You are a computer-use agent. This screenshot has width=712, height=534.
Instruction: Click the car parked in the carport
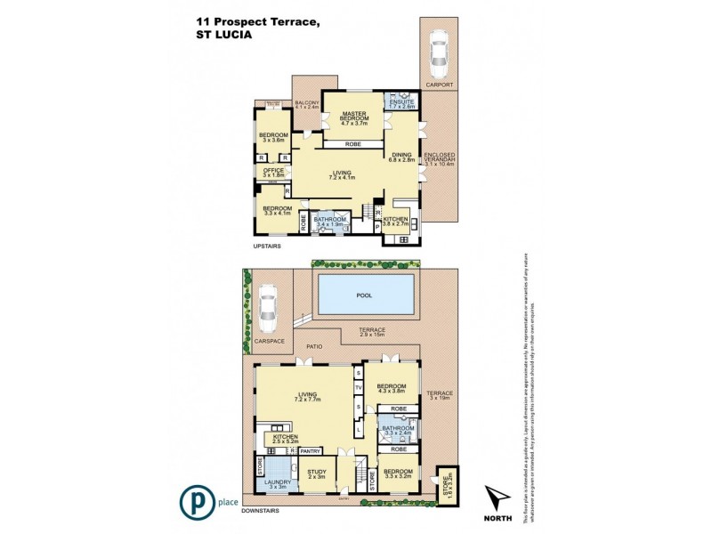[438, 54]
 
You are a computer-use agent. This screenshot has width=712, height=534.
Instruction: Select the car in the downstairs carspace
[265, 311]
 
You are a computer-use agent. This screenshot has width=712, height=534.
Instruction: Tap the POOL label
[365, 295]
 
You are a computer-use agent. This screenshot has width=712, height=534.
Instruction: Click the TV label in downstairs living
[359, 389]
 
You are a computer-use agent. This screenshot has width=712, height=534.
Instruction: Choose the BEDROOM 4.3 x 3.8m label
[392, 389]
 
